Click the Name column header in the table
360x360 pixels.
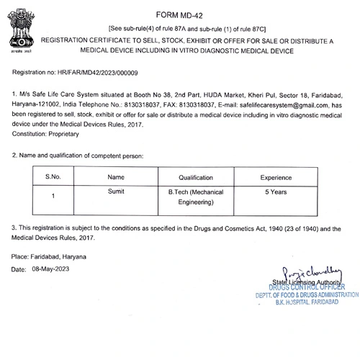coord(116,177)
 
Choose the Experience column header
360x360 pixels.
coord(276,177)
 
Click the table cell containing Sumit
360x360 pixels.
coord(116,193)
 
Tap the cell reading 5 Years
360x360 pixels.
coord(276,193)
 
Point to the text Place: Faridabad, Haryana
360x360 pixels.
coord(49,256)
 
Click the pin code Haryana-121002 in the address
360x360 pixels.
coord(35,104)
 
